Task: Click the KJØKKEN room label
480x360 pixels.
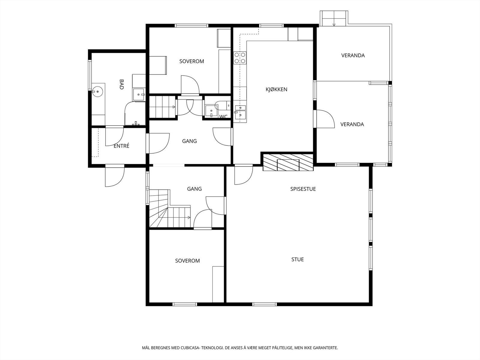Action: pyautogui.click(x=276, y=89)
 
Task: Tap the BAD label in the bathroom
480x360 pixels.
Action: pyautogui.click(x=121, y=84)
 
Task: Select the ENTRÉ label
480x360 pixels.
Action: pyautogui.click(x=121, y=146)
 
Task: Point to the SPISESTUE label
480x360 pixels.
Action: pyautogui.click(x=303, y=189)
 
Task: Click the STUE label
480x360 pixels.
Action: pyautogui.click(x=297, y=259)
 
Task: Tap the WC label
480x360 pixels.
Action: pyautogui.click(x=223, y=117)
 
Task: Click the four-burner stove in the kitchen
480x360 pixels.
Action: pyautogui.click(x=240, y=58)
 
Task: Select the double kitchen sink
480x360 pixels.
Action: pyautogui.click(x=240, y=112)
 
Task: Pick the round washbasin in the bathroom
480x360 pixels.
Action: pyautogui.click(x=97, y=91)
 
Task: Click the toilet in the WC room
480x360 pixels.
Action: pyautogui.click(x=222, y=106)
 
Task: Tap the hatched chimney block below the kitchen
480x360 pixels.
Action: pyautogui.click(x=288, y=162)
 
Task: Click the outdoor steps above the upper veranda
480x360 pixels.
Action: pyautogui.click(x=334, y=18)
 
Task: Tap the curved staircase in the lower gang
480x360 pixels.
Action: pyautogui.click(x=170, y=209)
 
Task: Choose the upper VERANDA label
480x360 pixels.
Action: pyautogui.click(x=353, y=55)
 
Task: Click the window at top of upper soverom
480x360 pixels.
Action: pyautogui.click(x=191, y=25)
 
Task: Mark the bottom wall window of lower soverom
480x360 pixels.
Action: pyautogui.click(x=185, y=304)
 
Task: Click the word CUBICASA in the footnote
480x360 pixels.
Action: pyautogui.click(x=190, y=348)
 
